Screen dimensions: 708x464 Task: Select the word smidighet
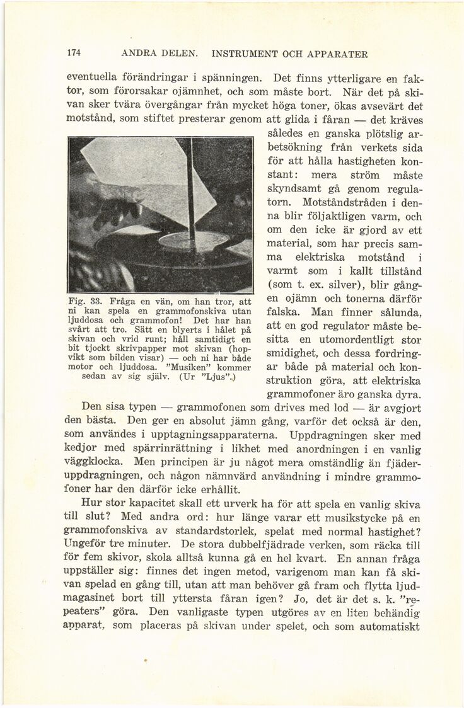296,353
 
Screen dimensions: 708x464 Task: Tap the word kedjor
81,448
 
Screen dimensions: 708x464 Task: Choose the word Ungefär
87,544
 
